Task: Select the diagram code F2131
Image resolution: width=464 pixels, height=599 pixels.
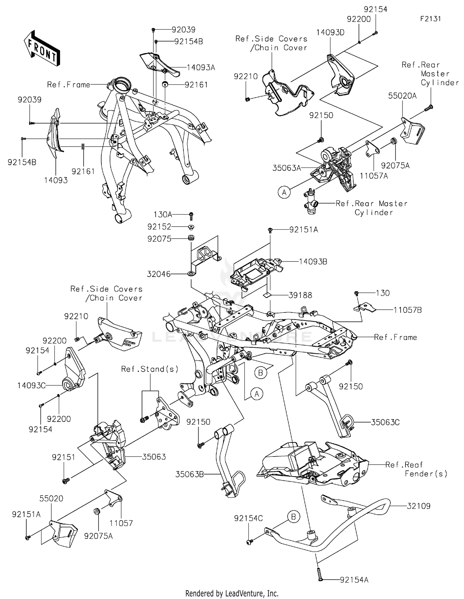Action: click(430, 19)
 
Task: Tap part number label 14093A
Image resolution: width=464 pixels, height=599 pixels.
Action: click(201, 68)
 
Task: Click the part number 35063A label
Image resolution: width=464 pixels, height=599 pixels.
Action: click(286, 168)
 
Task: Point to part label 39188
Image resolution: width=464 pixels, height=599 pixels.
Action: click(300, 295)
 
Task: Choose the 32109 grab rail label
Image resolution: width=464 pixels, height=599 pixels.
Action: click(418, 506)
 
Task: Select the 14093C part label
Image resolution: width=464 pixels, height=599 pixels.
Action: click(31, 386)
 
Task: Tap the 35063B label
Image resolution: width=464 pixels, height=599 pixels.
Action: click(189, 474)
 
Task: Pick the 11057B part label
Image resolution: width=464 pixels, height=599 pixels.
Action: click(407, 310)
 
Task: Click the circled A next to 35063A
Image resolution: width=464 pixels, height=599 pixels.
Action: click(284, 193)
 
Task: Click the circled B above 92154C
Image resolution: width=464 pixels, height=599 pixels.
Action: click(293, 516)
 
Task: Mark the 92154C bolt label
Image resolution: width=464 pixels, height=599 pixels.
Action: click(248, 518)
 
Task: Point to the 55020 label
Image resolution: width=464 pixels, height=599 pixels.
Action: click(51, 499)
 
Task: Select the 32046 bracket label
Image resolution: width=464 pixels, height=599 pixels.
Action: click(159, 274)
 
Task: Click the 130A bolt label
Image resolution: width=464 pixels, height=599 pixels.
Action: click(163, 215)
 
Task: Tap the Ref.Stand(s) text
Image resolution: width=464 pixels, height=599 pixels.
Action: click(150, 369)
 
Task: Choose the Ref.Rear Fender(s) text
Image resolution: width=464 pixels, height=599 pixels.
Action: click(416, 469)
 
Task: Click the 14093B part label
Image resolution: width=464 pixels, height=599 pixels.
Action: click(313, 262)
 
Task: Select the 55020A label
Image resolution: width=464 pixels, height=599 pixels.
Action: click(402, 96)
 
